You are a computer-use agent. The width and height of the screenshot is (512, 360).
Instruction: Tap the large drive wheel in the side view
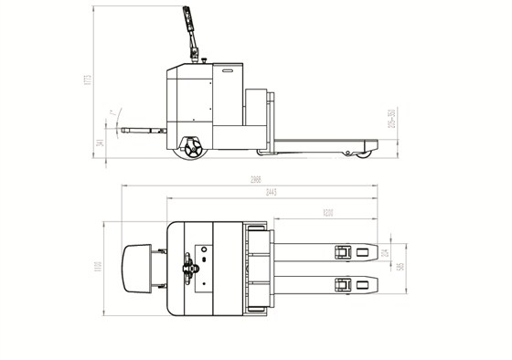tap(193, 148)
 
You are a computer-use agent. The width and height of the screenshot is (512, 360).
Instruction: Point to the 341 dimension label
tap(113, 139)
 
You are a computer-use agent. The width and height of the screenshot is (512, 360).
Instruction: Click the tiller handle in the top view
tap(189, 267)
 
